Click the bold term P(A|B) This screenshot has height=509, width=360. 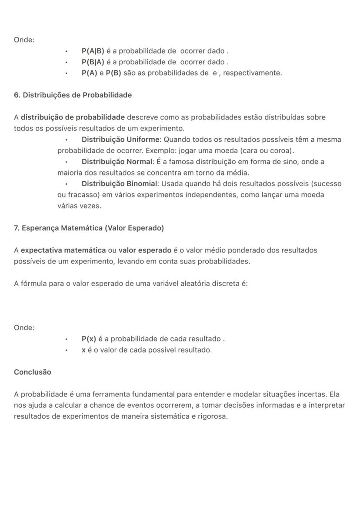tap(93, 51)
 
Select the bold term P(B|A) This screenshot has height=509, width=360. tap(93, 62)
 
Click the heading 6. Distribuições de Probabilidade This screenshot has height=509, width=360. tap(73, 95)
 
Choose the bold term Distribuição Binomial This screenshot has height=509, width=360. tap(120, 184)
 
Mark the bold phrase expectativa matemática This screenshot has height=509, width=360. tap(63, 250)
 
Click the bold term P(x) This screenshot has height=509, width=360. tap(89, 339)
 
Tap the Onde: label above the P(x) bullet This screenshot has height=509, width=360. tap(24, 328)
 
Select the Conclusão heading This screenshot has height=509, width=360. tap(33, 372)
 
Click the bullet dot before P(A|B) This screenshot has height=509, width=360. tap(67, 51)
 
